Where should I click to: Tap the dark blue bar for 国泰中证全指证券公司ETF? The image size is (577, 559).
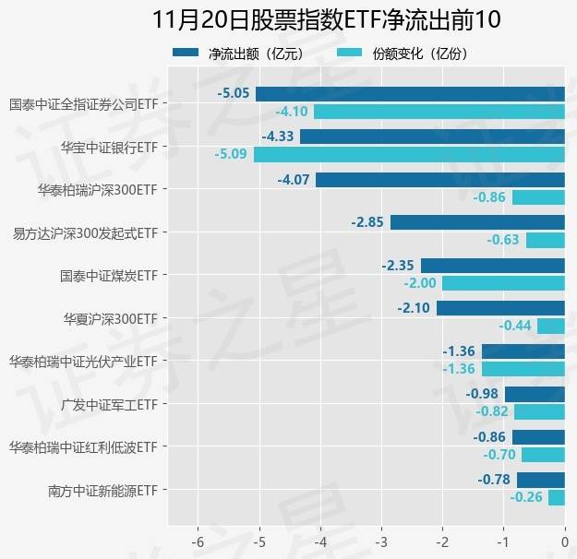(410, 94)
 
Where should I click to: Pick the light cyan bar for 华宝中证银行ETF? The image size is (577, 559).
(409, 154)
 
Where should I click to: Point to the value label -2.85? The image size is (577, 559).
(368, 222)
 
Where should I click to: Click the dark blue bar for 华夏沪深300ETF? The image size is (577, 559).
(500, 308)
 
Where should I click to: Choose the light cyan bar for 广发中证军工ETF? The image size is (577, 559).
(539, 411)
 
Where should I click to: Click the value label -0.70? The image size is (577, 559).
(500, 455)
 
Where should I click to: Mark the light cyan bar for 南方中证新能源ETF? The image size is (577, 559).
(556, 497)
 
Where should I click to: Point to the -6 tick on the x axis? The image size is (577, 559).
(198, 539)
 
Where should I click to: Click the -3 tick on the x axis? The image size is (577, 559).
(381, 539)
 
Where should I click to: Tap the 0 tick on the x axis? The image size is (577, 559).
(565, 539)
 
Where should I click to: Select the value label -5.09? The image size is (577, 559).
(231, 154)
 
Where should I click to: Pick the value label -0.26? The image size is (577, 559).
(526, 497)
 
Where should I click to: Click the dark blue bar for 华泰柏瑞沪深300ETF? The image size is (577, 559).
(439, 180)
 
